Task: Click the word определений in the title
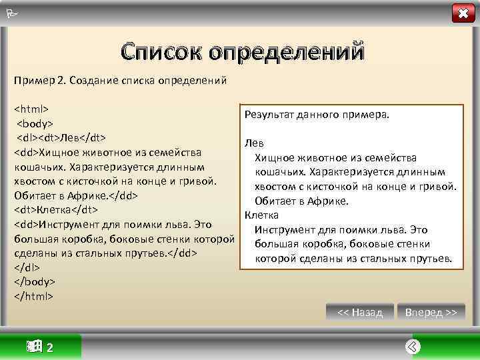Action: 287,51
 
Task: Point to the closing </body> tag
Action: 35,282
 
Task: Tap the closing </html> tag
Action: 34,296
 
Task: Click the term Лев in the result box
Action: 254,143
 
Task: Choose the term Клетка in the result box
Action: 262,215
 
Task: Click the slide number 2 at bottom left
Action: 51,347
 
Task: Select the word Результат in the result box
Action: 269,114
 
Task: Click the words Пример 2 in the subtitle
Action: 37,81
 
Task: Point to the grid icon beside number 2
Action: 33,346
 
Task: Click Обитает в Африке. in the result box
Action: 301,201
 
